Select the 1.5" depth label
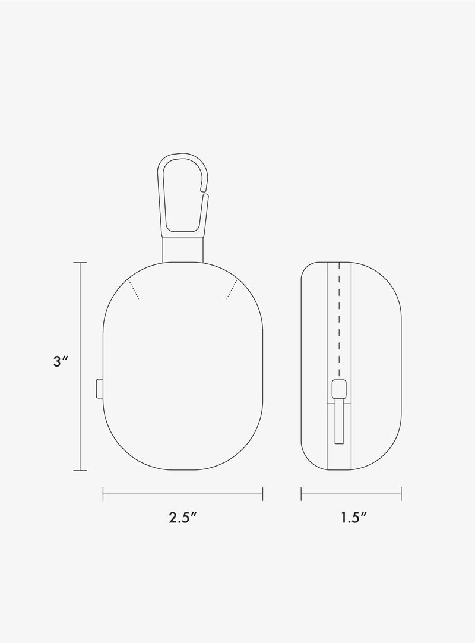pyautogui.click(x=353, y=517)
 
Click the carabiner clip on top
pyautogui.click(x=183, y=193)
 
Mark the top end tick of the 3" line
pyautogui.click(x=80, y=262)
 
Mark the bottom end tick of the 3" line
pyautogui.click(x=80, y=471)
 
